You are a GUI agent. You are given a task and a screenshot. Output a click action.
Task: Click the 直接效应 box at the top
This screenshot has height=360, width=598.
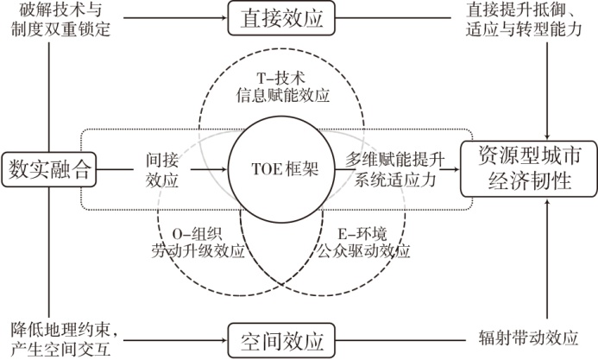tap(280, 18)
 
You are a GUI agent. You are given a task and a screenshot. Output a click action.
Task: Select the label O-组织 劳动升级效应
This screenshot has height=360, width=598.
tap(195, 243)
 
